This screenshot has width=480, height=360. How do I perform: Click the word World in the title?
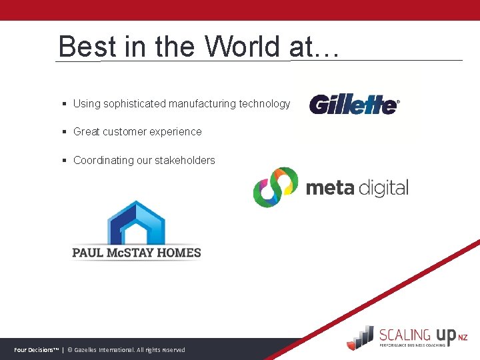click(243, 47)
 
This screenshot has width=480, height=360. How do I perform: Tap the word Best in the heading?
click(78, 47)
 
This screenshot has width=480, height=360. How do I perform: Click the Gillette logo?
click(353, 105)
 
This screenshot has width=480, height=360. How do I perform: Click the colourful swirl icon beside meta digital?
click(275, 187)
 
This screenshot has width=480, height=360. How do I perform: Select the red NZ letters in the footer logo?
click(463, 338)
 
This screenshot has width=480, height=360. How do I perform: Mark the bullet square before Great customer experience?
click(63, 132)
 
